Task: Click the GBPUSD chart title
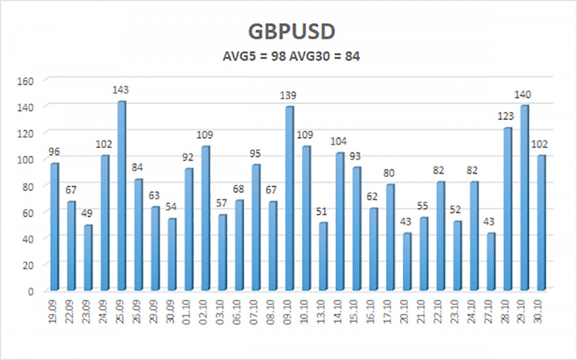coord(288,32)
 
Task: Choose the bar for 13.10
coord(323,256)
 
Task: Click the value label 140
coord(524,95)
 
